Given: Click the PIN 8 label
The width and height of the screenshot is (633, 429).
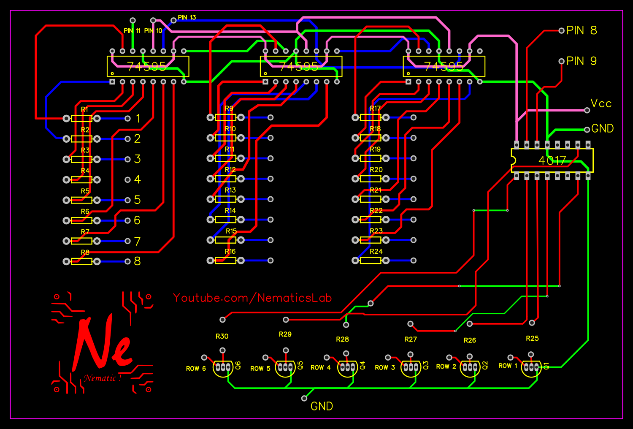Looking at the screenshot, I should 582,30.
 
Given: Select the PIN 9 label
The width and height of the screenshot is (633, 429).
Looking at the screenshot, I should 582,61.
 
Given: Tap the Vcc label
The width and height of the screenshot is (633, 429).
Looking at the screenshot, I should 601,104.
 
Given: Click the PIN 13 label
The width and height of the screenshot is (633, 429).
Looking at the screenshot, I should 187,18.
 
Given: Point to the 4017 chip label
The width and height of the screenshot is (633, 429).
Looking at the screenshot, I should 552,160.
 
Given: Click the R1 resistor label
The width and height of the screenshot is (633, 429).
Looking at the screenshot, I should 85,109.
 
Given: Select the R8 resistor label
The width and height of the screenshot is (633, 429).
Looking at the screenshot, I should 85,253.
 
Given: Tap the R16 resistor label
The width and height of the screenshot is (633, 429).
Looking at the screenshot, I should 230,252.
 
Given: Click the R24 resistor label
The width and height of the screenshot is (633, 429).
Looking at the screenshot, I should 376,252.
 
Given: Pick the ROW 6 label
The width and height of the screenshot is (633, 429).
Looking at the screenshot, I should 196,369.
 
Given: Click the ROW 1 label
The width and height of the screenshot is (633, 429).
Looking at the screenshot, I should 508,366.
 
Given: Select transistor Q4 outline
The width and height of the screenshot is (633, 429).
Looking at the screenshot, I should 347,367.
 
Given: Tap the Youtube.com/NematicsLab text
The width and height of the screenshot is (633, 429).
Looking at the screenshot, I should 252,298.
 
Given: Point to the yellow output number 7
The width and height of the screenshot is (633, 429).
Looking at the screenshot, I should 137,242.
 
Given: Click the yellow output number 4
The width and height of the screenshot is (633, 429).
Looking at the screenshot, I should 137,179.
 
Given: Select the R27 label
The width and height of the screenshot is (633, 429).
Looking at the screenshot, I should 411,339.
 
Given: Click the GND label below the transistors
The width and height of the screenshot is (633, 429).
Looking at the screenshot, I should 322,406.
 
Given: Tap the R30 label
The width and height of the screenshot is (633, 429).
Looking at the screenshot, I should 222,337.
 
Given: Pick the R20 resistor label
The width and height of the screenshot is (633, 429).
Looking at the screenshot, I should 376,170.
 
